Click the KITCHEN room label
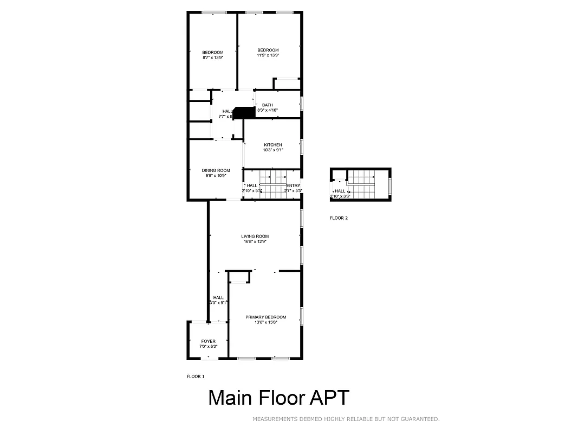tap(272, 145)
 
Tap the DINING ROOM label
tap(216, 170)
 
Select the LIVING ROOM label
tap(255, 236)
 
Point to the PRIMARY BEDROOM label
tap(265, 317)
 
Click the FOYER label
tap(208, 341)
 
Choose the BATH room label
tap(267, 105)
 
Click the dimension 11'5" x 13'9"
tap(268, 55)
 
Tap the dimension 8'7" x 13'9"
tap(213, 58)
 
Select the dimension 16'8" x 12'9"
tap(255, 241)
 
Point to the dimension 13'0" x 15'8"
tap(265, 322)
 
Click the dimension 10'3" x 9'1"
tap(272, 150)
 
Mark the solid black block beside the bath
tap(244, 112)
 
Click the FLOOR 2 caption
tap(339, 218)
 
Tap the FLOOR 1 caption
tap(196, 376)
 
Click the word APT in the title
tap(329, 398)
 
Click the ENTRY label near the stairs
tap(293, 186)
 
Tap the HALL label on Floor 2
tap(340, 191)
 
